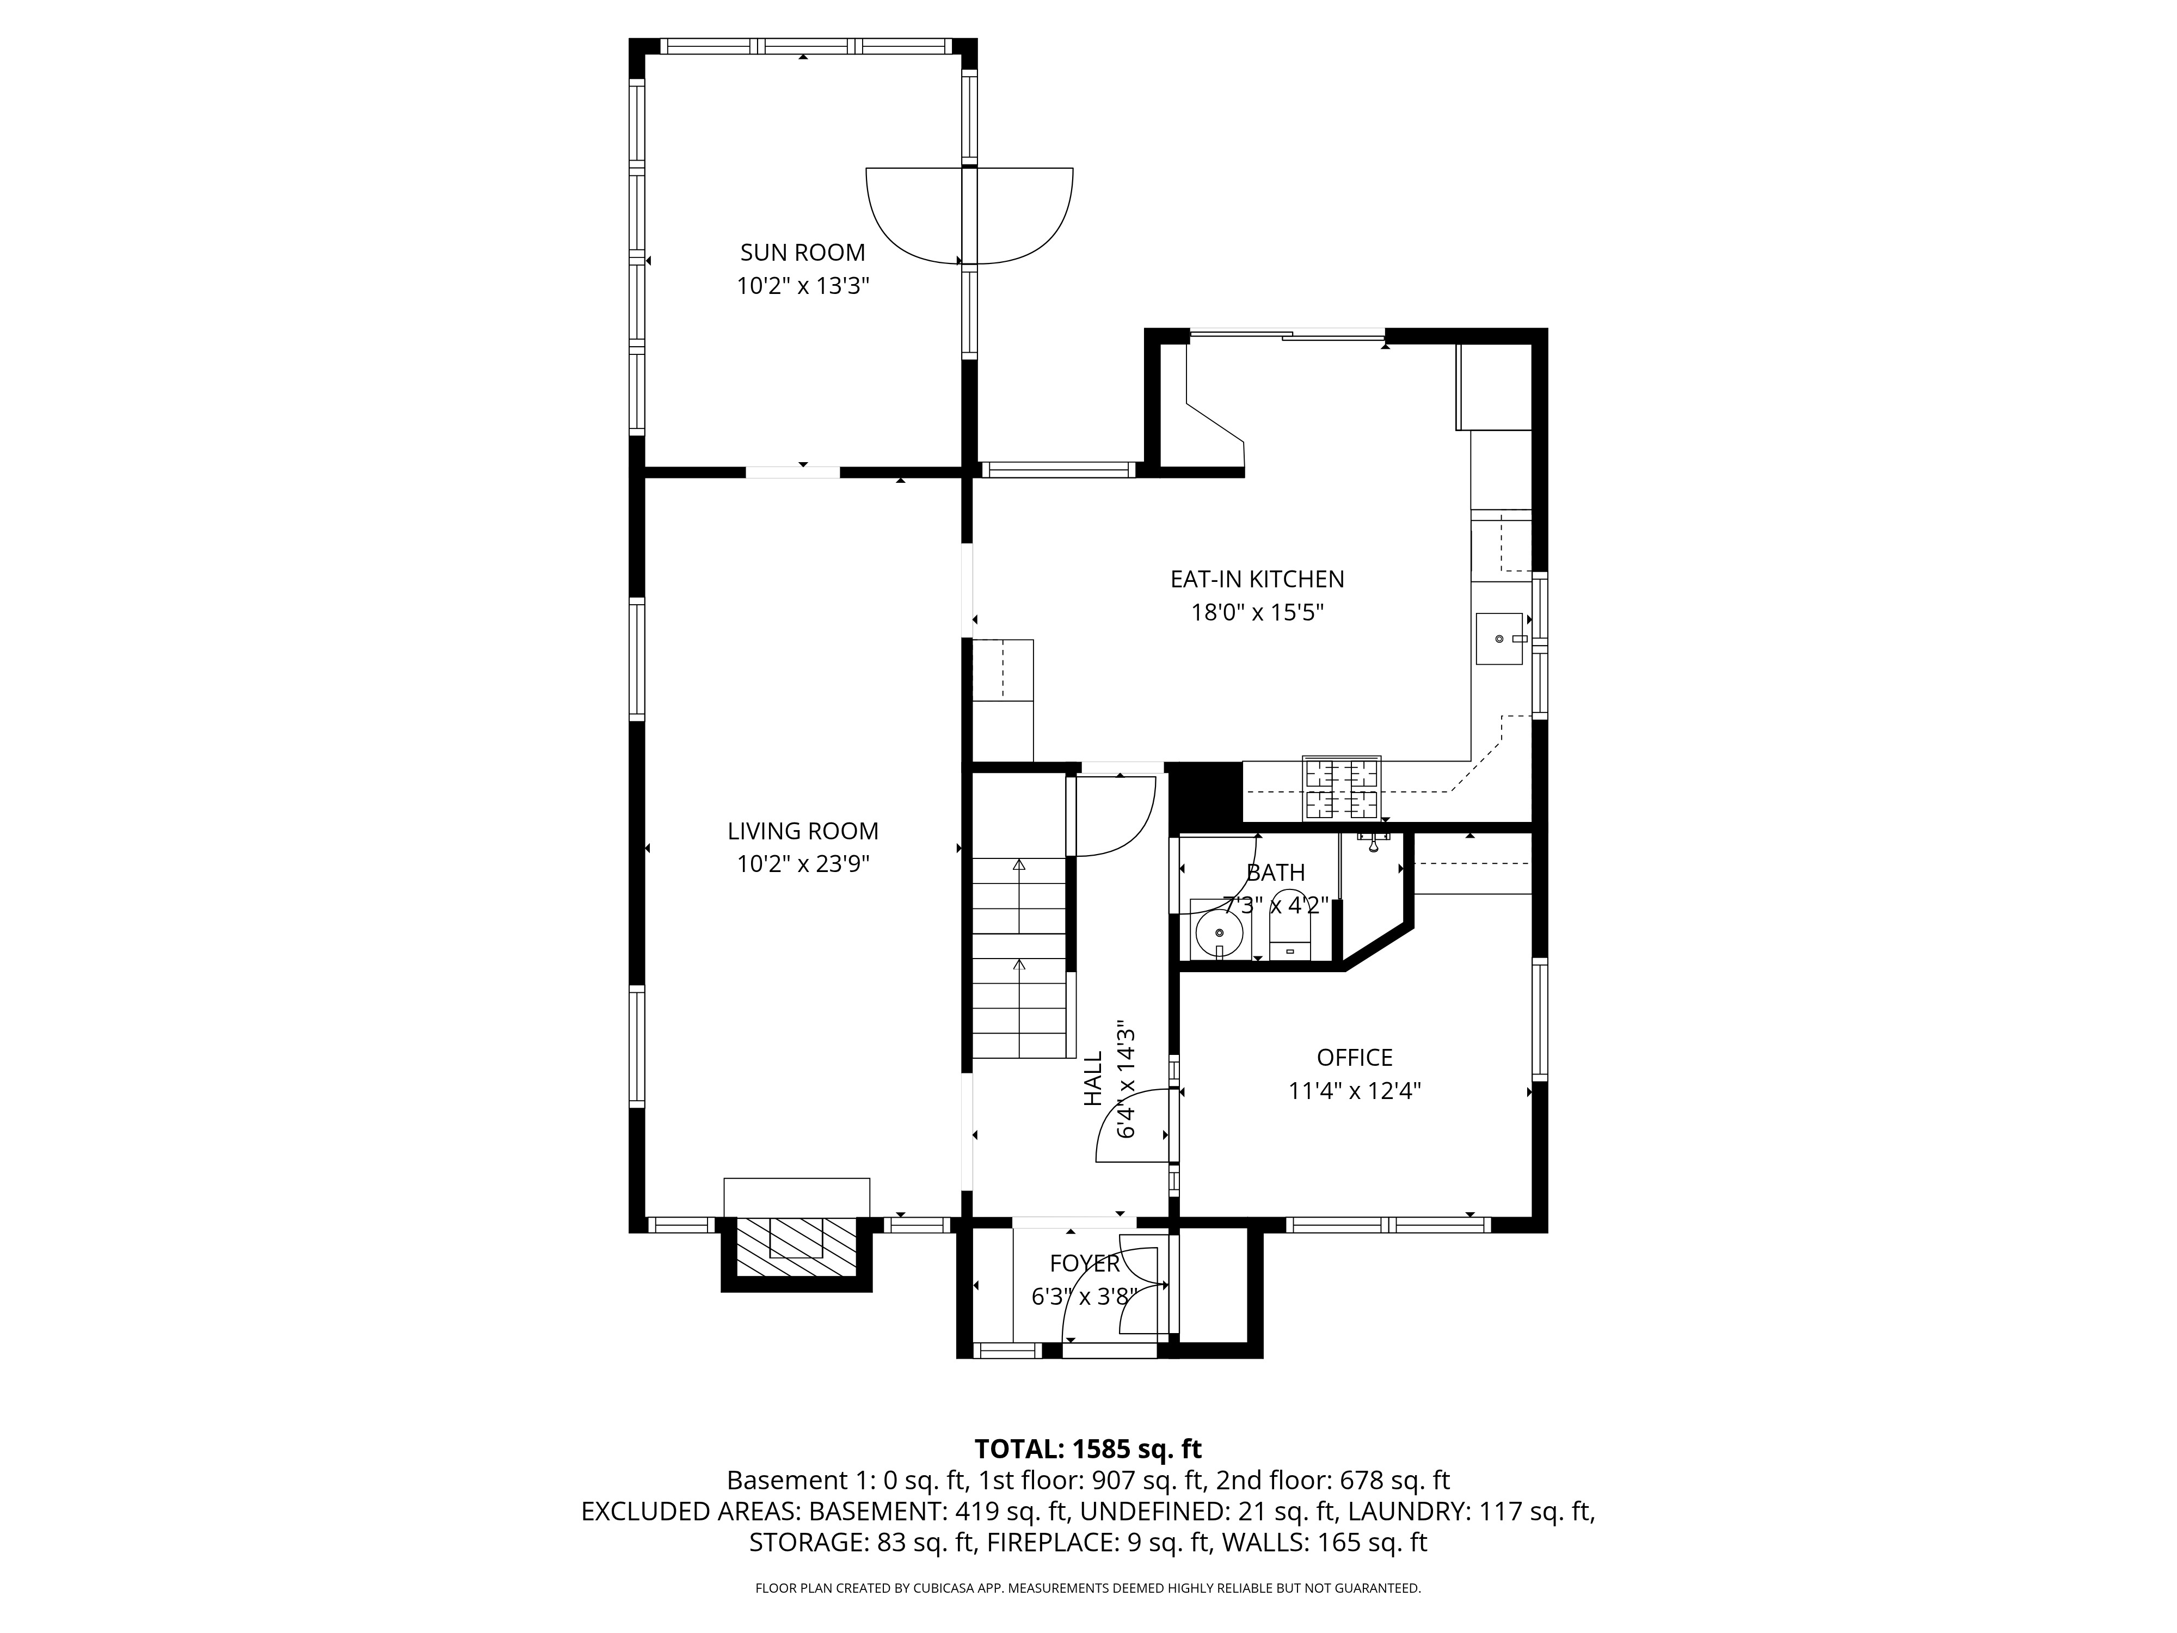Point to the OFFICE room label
click(1354, 1057)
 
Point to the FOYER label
click(1085, 1264)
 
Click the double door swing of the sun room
click(969, 217)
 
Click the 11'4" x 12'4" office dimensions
click(1354, 1091)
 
